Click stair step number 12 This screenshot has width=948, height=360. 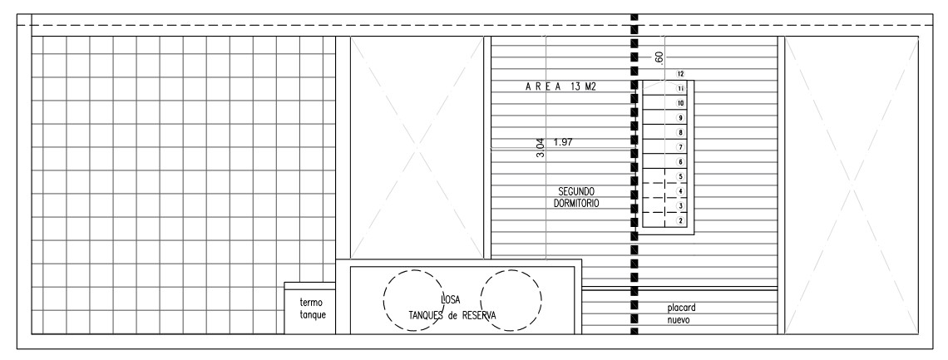click(681, 74)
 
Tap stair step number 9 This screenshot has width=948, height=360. click(681, 118)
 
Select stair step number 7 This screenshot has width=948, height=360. click(681, 147)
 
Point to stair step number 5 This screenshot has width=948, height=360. click(681, 176)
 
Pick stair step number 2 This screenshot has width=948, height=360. click(681, 221)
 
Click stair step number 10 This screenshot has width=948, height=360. click(681, 103)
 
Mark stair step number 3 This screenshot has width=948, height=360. click(681, 206)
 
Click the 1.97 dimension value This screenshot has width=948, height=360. click(563, 142)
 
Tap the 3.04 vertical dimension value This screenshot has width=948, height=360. click(541, 149)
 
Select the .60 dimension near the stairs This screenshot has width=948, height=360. click(659, 58)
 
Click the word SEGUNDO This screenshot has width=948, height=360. click(576, 191)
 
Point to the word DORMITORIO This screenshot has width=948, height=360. click(576, 204)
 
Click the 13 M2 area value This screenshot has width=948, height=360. click(583, 87)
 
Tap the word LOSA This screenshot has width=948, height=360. click(451, 299)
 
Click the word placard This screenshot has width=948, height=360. click(681, 308)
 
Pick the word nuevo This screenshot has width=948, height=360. click(679, 320)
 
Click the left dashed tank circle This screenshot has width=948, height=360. click(413, 300)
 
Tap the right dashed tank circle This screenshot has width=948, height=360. click(511, 300)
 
